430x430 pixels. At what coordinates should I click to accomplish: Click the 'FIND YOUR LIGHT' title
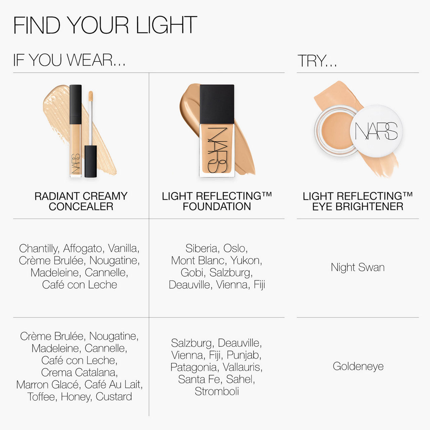click(x=105, y=25)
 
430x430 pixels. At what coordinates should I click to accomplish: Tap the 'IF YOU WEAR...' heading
click(x=69, y=60)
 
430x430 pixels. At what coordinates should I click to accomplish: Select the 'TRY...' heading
click(x=317, y=61)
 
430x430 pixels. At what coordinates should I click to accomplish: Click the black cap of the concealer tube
click(x=76, y=104)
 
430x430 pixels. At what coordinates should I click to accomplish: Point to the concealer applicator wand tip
click(x=91, y=96)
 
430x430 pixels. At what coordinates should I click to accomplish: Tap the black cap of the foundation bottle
click(x=217, y=104)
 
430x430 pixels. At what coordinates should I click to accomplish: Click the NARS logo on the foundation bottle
click(x=217, y=150)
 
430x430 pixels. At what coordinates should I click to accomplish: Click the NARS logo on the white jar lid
click(x=376, y=131)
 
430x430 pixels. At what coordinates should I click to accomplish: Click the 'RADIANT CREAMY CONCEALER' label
click(x=81, y=201)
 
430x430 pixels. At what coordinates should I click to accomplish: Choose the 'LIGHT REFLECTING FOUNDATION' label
click(x=217, y=201)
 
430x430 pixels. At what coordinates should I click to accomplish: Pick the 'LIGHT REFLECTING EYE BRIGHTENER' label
click(x=357, y=201)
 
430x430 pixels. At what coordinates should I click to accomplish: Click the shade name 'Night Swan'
click(x=358, y=267)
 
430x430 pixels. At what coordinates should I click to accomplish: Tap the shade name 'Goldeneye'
click(x=358, y=366)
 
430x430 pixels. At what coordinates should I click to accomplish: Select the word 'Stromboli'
click(x=217, y=391)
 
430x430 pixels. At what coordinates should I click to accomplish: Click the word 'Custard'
click(x=114, y=396)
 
